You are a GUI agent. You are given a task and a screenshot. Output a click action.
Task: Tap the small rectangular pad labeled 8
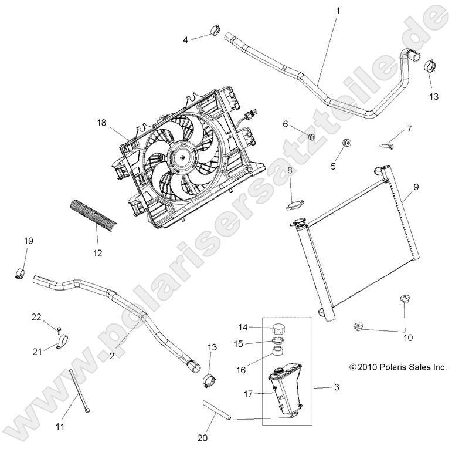[295, 203]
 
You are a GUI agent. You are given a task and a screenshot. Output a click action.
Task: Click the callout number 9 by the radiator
[415, 187]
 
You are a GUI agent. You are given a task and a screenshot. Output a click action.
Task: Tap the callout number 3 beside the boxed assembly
[336, 387]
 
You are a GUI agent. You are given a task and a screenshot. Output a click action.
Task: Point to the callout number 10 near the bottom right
[407, 337]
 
